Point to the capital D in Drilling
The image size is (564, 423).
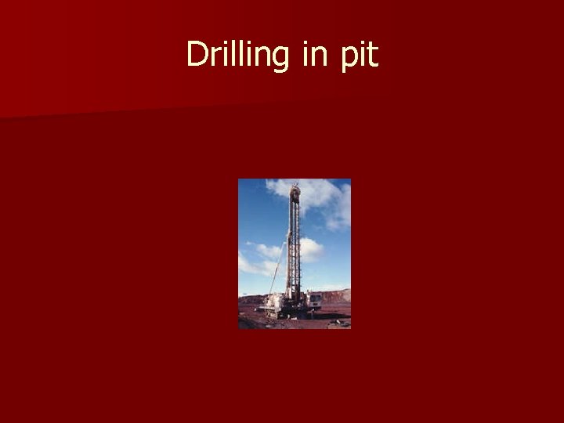(x=196, y=54)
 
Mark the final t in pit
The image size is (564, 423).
(x=372, y=55)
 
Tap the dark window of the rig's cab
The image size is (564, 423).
(x=314, y=297)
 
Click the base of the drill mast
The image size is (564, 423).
(x=294, y=301)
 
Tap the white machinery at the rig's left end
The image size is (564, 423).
(x=272, y=302)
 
